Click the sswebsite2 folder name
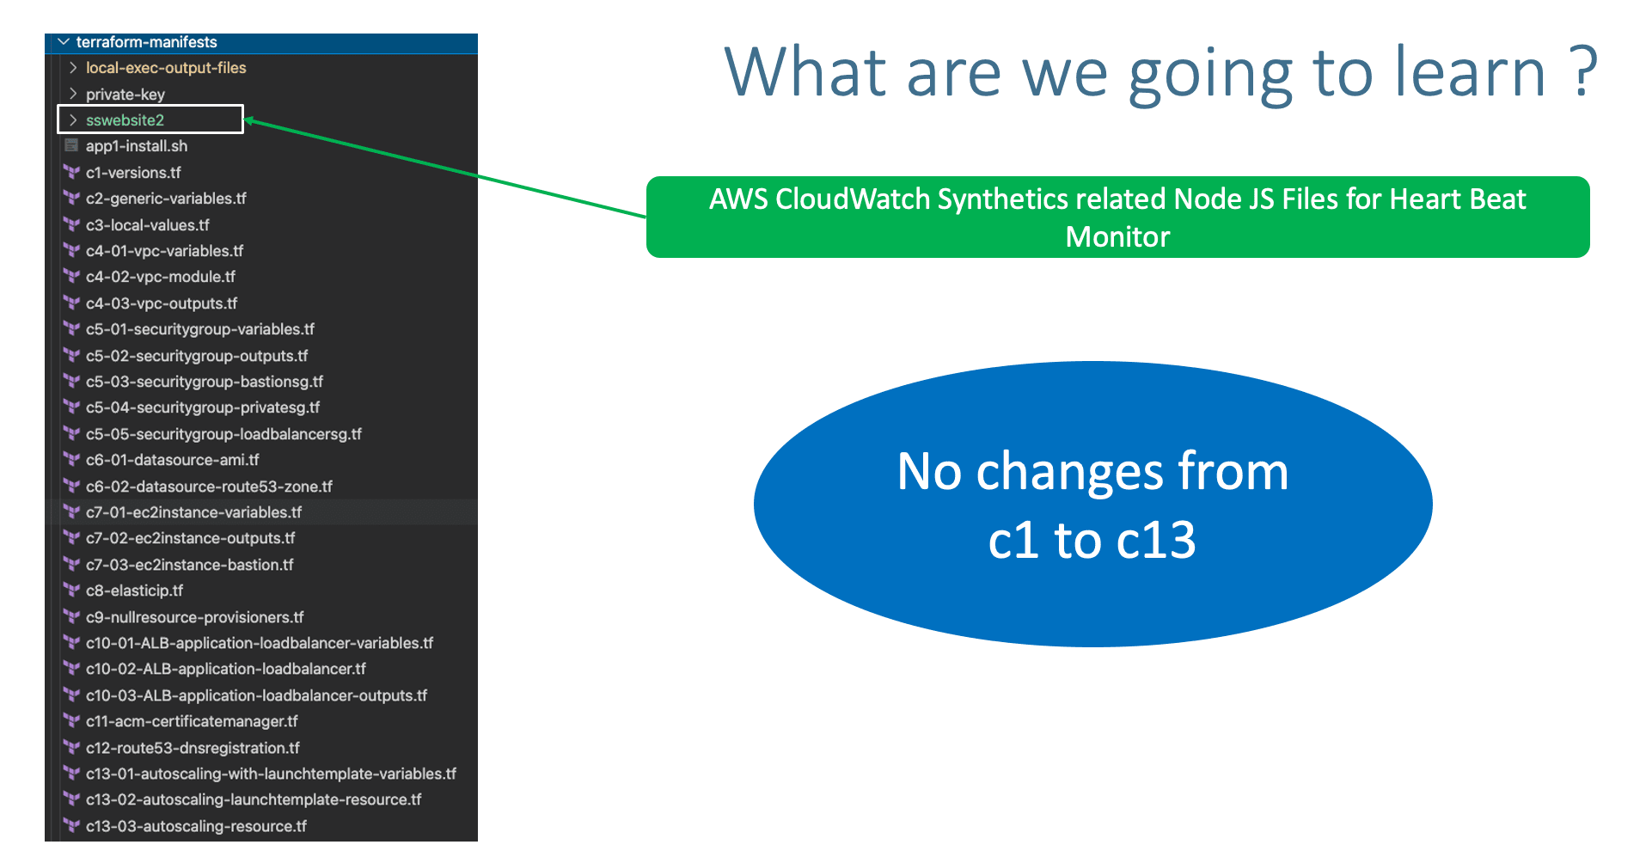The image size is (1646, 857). pyautogui.click(x=125, y=120)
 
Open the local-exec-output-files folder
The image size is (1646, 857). pyautogui.click(x=165, y=68)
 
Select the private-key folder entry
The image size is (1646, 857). pyautogui.click(x=125, y=95)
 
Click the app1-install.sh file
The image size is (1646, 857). pyautogui.click(x=136, y=146)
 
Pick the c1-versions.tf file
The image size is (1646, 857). pyautogui.click(x=133, y=173)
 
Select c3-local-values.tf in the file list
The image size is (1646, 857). pyautogui.click(x=147, y=225)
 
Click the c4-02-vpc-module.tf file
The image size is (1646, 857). pyautogui.click(x=160, y=277)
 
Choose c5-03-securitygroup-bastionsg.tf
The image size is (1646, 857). pyautogui.click(x=204, y=382)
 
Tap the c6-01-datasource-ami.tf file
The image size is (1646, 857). pyautogui.click(x=172, y=460)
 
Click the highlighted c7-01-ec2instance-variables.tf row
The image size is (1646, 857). pyautogui.click(x=193, y=512)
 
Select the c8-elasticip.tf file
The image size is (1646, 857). pyautogui.click(x=134, y=591)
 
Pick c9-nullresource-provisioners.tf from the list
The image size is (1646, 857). pyautogui.click(x=194, y=617)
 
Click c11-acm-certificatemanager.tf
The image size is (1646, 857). pyautogui.click(x=191, y=721)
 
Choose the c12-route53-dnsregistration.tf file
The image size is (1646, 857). pyautogui.click(x=193, y=748)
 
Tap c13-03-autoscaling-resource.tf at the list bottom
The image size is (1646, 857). pyautogui.click(x=196, y=826)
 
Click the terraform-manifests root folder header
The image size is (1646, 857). pyautogui.click(x=146, y=42)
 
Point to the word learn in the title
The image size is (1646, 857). pyautogui.click(x=1470, y=72)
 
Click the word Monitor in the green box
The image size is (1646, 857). pyautogui.click(x=1117, y=237)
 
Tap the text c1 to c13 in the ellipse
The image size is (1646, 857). pyautogui.click(x=1092, y=541)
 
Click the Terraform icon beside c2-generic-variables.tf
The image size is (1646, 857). pyautogui.click(x=71, y=199)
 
